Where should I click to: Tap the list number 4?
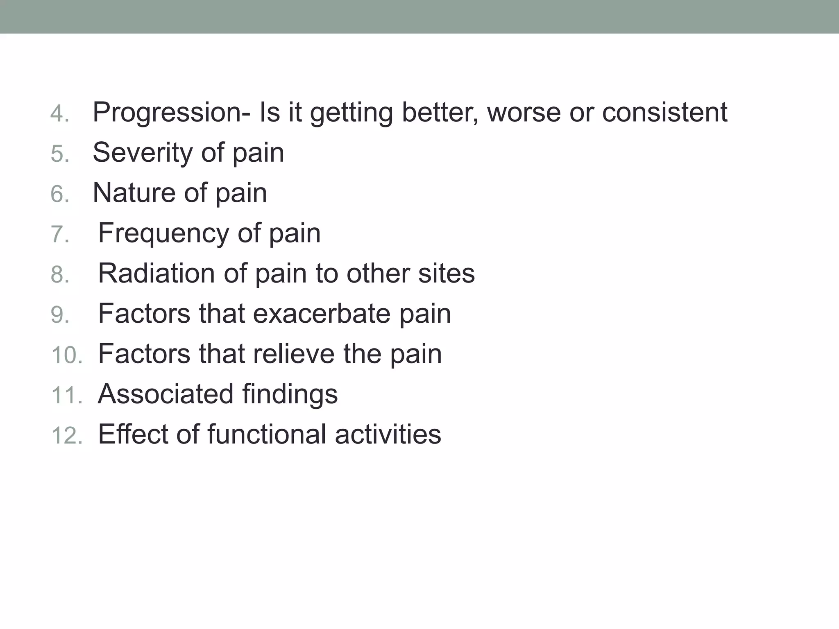click(x=60, y=113)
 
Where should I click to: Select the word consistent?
click(x=664, y=112)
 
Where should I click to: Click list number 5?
click(x=60, y=154)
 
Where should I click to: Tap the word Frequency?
click(x=163, y=233)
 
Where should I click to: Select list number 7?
click(x=60, y=235)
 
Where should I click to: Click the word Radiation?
click(x=156, y=273)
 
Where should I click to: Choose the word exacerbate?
click(x=321, y=314)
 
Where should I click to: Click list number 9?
click(x=60, y=315)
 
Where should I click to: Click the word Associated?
click(x=166, y=394)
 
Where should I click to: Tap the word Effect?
click(x=133, y=434)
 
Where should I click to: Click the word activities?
click(x=388, y=434)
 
